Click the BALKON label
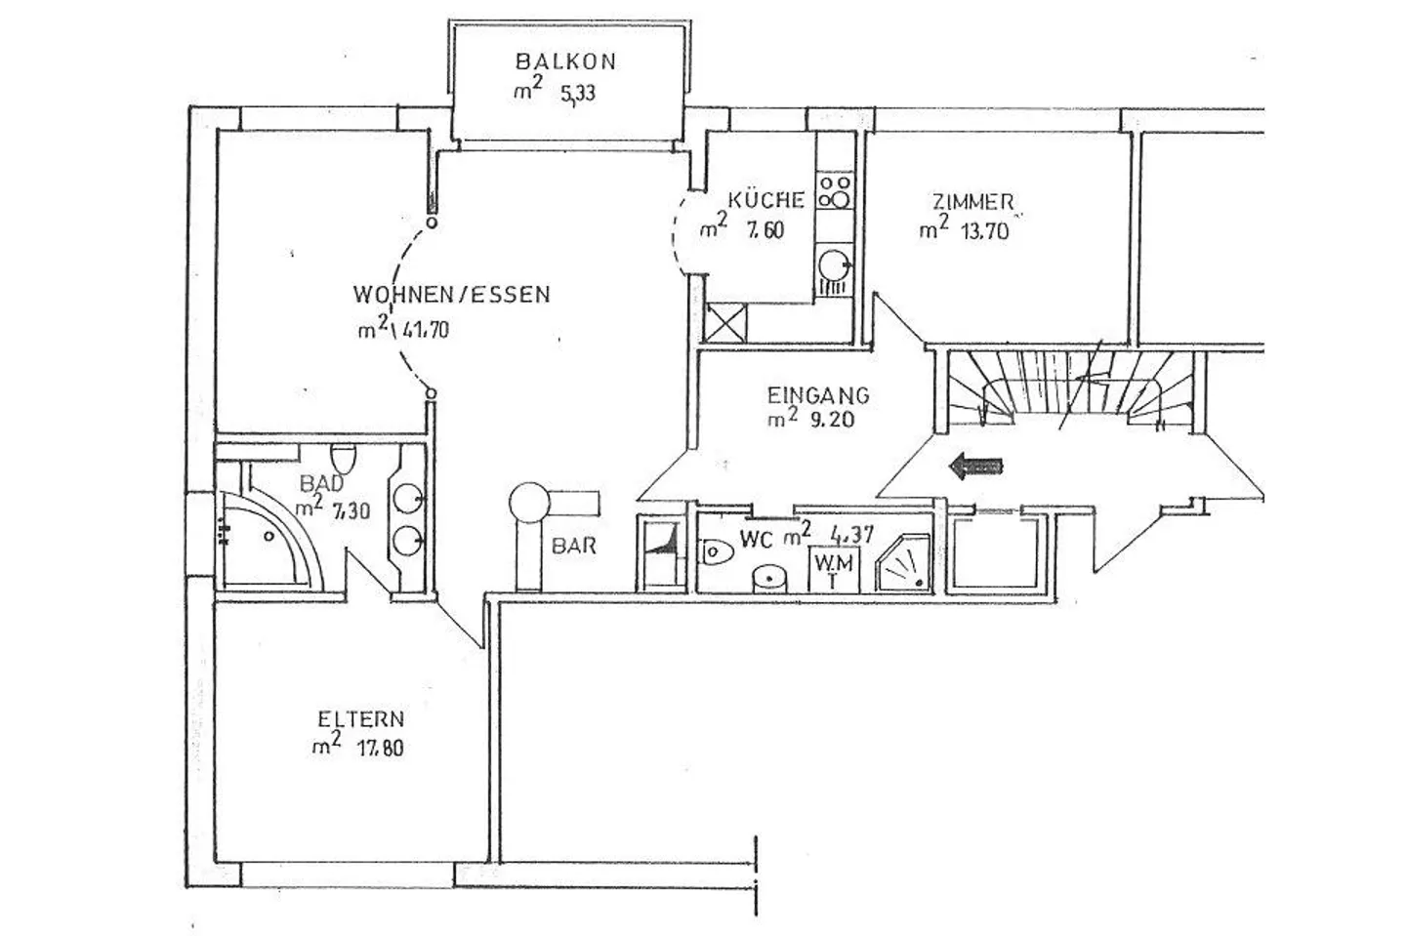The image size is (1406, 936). pos(565,61)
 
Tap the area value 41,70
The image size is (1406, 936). pos(426,329)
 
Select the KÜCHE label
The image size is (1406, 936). pos(765,199)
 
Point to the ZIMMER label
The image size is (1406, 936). pos(972,202)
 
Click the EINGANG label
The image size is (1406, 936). pos(818,395)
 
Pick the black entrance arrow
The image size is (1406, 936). pos(976,467)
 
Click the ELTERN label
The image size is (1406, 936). pos(361,719)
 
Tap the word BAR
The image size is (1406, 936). pos(574,546)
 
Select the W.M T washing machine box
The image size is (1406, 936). pos(834,570)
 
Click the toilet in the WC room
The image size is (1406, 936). pos(717,552)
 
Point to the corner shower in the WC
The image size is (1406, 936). pos(903,563)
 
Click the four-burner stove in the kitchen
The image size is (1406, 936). pos(835,190)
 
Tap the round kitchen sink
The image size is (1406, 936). pos(835,265)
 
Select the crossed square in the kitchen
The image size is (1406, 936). pos(725,323)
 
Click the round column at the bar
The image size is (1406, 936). pos(529,503)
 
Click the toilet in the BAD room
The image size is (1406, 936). pos(343,460)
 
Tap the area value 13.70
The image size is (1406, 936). pos(985,231)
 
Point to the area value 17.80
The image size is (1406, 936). pos(381,749)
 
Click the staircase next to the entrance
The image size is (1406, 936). pos(1071,391)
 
